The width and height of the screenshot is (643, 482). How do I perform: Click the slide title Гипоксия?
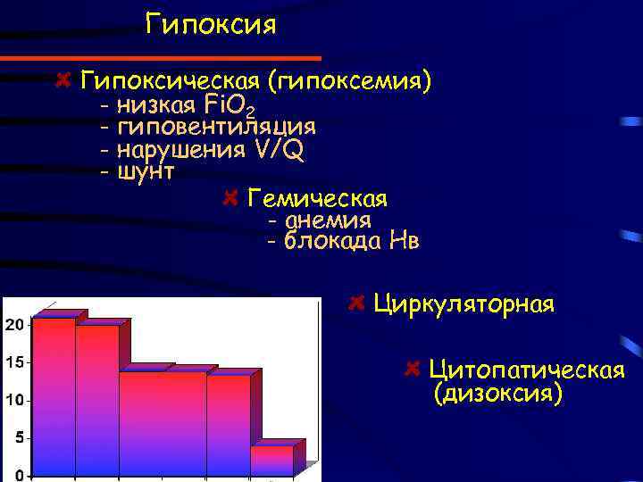tap(212, 24)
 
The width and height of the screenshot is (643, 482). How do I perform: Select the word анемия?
tap(328, 220)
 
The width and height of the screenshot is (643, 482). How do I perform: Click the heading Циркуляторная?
tap(464, 303)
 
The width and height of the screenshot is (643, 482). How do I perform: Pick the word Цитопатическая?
tap(526, 370)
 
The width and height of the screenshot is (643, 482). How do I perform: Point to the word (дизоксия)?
tap(498, 393)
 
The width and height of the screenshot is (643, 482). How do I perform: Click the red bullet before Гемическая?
tap(230, 196)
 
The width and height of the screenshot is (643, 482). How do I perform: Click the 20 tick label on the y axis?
tap(13, 325)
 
